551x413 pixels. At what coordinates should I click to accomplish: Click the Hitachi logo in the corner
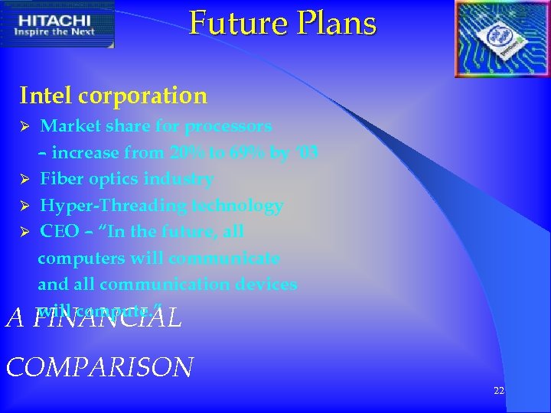coord(57,24)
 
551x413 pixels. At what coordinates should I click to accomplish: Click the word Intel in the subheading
coord(46,96)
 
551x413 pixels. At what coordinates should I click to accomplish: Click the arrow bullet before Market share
coord(24,125)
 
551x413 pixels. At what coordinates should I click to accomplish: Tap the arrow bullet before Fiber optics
coord(24,179)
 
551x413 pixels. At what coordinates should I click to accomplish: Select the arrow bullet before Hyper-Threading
coord(24,206)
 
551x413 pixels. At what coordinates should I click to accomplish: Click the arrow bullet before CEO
coord(24,232)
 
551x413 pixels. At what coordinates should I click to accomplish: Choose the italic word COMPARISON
coord(99,367)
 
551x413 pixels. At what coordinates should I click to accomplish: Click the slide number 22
coord(499,391)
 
